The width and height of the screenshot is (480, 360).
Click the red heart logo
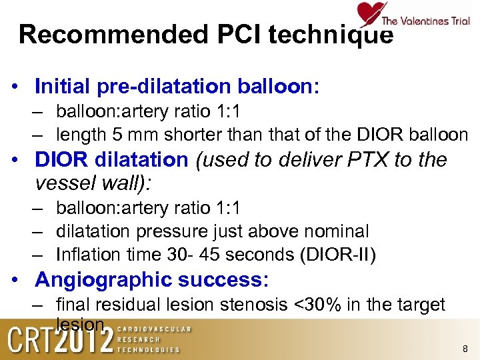[x=370, y=13]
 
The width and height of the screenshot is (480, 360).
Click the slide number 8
[x=465, y=349]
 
